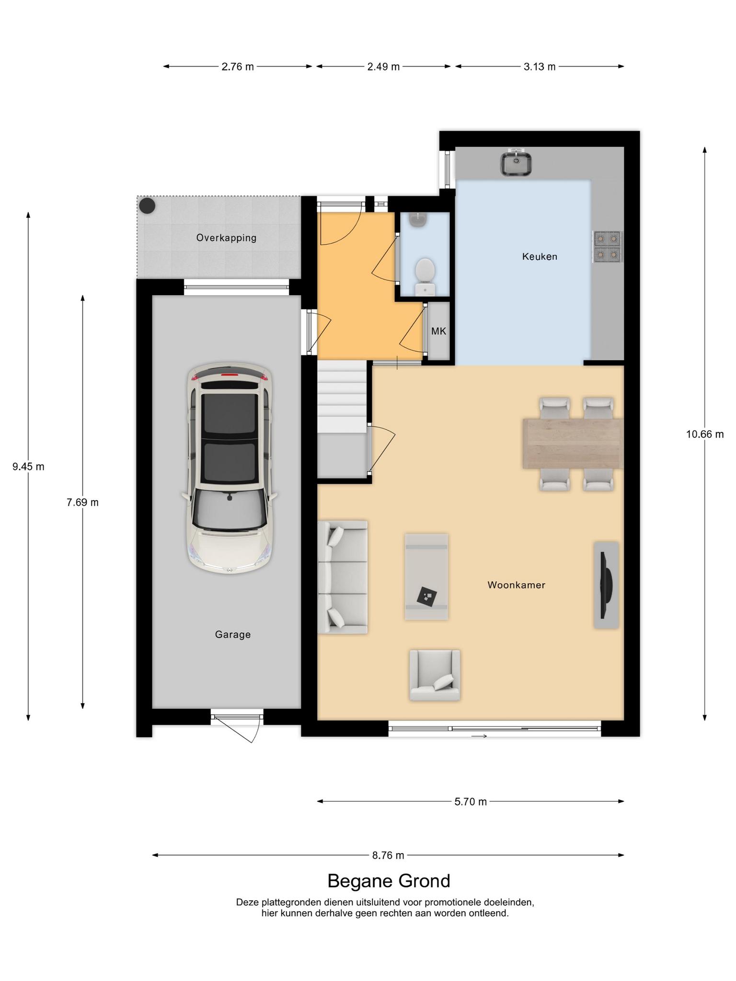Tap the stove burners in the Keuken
click(x=608, y=247)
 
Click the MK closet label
click(x=438, y=331)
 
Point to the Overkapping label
click(x=226, y=238)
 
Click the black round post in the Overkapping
click(x=147, y=206)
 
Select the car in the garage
click(x=230, y=468)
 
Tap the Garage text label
click(x=232, y=634)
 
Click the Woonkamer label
click(x=517, y=585)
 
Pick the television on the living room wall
click(x=606, y=585)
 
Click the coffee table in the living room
click(x=426, y=577)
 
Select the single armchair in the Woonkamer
click(x=435, y=675)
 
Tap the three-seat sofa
click(x=343, y=577)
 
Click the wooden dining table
click(x=573, y=443)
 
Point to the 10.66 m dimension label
click(x=705, y=434)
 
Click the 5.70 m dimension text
click(x=471, y=801)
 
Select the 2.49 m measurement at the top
click(x=383, y=67)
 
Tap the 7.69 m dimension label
click(x=82, y=502)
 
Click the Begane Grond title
click(x=389, y=881)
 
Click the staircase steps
click(x=342, y=397)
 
